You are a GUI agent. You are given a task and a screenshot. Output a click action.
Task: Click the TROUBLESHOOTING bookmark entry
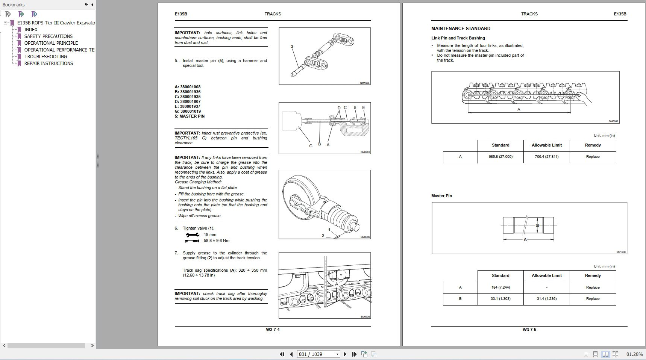[45, 57]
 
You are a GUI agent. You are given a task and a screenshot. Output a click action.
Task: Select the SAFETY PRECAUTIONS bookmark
[48, 36]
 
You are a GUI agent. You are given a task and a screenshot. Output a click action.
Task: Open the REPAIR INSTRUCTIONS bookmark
[49, 64]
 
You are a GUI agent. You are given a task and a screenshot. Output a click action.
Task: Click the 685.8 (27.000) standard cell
[500, 157]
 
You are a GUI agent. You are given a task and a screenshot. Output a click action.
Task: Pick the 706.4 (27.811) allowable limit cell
[546, 157]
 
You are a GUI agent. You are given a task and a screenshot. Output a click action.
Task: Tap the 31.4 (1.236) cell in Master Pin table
[546, 299]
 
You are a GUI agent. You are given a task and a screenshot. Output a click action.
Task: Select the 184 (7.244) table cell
[500, 287]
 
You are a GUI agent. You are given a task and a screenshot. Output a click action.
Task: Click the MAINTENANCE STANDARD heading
[461, 29]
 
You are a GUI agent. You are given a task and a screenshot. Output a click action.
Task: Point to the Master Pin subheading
[441, 196]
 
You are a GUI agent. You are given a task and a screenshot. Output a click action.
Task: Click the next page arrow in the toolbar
[345, 354]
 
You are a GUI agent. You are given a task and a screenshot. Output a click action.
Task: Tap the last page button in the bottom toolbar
[354, 354]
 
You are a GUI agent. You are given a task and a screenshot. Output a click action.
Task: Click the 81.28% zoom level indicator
[634, 354]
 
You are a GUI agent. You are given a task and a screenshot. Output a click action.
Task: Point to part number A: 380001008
[188, 87]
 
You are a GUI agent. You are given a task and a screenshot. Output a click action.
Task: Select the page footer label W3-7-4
[273, 330]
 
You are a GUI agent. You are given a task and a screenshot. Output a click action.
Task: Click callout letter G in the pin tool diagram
[311, 146]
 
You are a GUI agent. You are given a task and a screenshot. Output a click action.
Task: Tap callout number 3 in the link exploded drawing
[292, 47]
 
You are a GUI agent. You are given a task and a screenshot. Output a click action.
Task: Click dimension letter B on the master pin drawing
[537, 225]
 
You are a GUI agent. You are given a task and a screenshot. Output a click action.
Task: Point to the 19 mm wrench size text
[210, 234]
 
